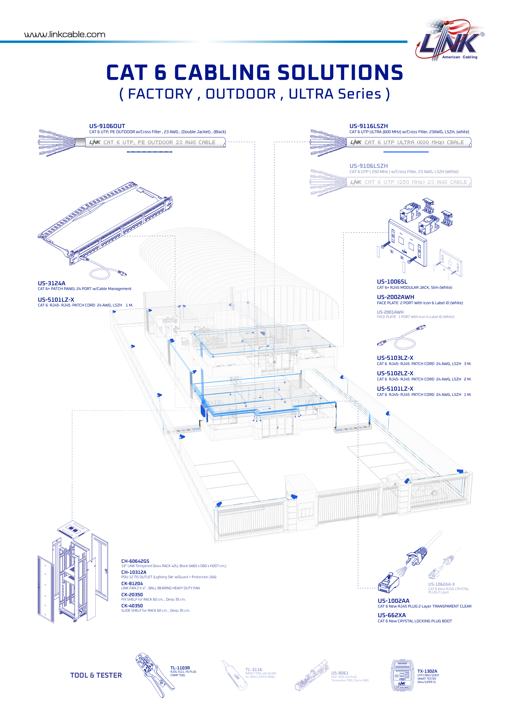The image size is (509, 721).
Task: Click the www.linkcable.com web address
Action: (x=65, y=35)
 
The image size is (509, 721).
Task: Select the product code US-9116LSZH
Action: (x=368, y=126)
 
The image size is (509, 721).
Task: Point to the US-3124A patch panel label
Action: (x=52, y=283)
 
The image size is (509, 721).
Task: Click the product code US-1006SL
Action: (x=392, y=282)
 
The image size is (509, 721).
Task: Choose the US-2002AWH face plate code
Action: (x=396, y=297)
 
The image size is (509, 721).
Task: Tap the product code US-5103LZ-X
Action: (x=395, y=358)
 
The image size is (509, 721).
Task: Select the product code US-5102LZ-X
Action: (x=395, y=373)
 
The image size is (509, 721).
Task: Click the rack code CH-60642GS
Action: (x=135, y=561)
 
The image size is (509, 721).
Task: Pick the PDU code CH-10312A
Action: (x=134, y=572)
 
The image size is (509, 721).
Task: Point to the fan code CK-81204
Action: (x=132, y=584)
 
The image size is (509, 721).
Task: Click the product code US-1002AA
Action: (x=393, y=601)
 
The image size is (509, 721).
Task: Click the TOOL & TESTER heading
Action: (x=96, y=675)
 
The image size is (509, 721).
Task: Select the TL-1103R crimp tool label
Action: (x=180, y=668)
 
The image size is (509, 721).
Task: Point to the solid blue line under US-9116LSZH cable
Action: (x=406, y=152)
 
